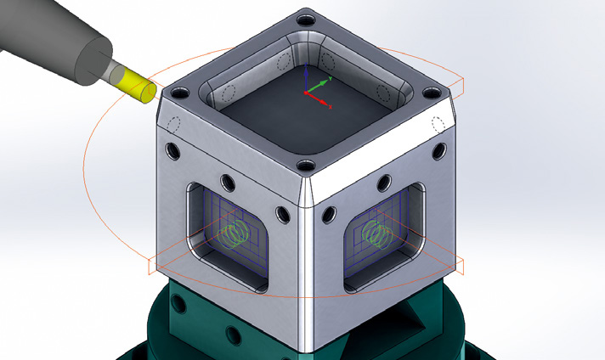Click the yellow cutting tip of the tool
pos(137,86)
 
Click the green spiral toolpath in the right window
pos(372,230)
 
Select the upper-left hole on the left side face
pos(174,151)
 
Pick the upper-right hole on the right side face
pos(439,151)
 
